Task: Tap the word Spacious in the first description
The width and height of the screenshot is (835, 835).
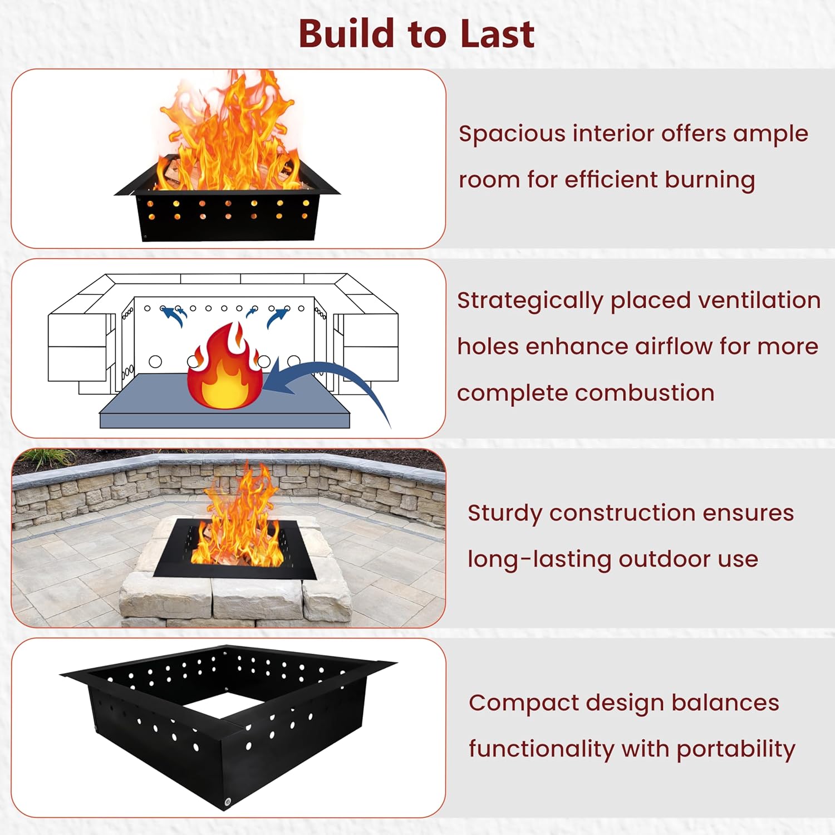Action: click(x=512, y=134)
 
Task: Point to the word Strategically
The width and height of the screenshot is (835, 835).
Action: click(x=529, y=301)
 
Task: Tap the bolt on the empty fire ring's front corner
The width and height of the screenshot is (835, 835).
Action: click(x=228, y=802)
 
